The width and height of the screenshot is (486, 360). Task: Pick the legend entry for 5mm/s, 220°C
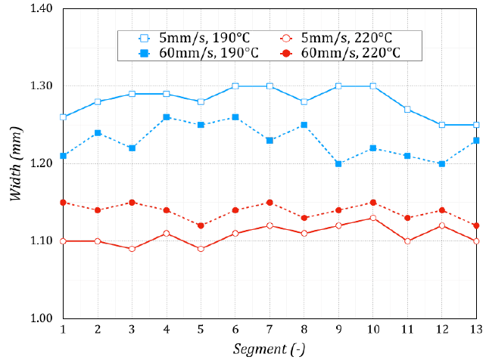tap(333, 37)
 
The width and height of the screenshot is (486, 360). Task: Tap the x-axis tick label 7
tap(269, 331)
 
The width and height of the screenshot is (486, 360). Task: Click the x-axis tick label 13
tap(476, 331)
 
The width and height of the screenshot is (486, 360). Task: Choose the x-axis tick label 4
tap(167, 331)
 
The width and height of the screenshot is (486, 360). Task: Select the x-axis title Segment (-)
tap(269, 348)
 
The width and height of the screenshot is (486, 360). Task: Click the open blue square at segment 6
tap(235, 86)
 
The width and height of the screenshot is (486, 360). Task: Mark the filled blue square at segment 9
tap(338, 163)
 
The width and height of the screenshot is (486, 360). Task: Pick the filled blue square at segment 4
tap(167, 117)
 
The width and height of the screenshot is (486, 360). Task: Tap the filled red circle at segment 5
tap(201, 225)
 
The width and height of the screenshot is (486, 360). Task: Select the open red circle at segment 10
tap(373, 218)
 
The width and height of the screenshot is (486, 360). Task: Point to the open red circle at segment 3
tap(132, 249)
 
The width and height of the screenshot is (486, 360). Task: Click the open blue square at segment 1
tap(64, 117)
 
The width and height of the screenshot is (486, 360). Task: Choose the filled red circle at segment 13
tap(476, 225)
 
